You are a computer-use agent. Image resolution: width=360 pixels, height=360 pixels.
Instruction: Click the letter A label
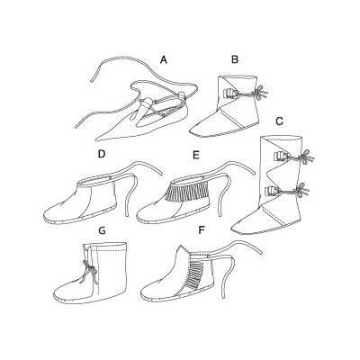point(163,60)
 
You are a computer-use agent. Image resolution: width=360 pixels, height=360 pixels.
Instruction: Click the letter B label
point(235,59)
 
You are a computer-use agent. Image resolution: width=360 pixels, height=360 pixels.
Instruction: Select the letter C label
point(279,121)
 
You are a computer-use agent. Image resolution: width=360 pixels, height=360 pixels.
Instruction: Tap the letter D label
point(102,154)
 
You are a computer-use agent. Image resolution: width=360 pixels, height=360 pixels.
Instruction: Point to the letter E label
point(196,155)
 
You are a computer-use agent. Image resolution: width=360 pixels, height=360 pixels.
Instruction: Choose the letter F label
point(202,230)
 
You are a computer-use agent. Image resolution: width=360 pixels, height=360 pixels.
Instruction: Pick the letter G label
point(102,230)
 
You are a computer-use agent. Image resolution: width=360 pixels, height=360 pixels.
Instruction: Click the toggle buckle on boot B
point(229,94)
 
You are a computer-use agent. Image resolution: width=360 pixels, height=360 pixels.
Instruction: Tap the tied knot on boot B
point(260,93)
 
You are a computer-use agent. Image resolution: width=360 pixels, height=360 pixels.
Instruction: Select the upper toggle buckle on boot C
point(279,155)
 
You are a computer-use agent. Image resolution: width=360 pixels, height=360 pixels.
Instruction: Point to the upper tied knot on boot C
point(306,157)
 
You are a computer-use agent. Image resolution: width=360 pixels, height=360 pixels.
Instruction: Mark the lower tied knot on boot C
point(301,191)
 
